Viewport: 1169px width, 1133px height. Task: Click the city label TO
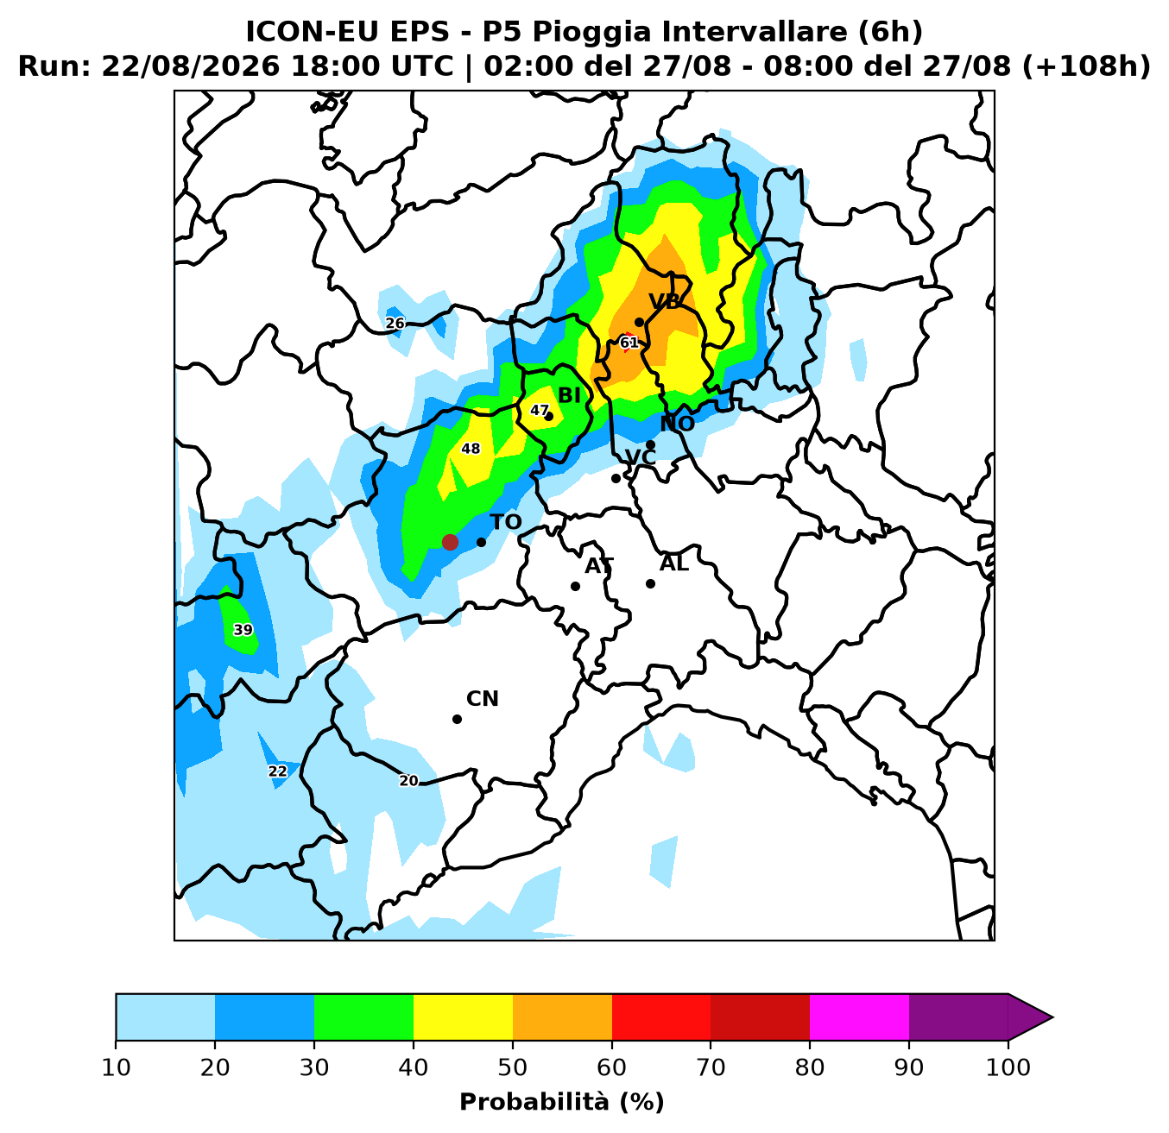coord(505,522)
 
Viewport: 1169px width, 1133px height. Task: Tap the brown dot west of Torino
coord(450,542)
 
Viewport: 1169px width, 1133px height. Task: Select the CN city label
coord(483,699)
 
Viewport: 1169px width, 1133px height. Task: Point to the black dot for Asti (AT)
coord(575,586)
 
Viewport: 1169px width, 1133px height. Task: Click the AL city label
coord(673,563)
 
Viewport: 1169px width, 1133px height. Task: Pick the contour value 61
coord(629,343)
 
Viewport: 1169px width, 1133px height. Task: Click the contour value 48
coord(471,449)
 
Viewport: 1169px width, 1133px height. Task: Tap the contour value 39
coord(243,630)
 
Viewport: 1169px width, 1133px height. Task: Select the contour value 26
coord(395,324)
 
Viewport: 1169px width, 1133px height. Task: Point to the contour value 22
coord(277,771)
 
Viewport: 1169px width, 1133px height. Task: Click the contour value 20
coord(408,781)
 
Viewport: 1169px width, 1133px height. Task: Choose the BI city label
coord(569,396)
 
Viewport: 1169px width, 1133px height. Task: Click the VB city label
coord(664,301)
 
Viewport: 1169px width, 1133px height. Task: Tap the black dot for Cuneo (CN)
coord(457,720)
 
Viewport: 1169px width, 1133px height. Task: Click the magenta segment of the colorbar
coord(859,1017)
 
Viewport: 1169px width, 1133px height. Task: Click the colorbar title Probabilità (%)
coord(562,1103)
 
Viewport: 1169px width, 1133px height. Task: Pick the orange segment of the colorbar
coord(562,1017)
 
